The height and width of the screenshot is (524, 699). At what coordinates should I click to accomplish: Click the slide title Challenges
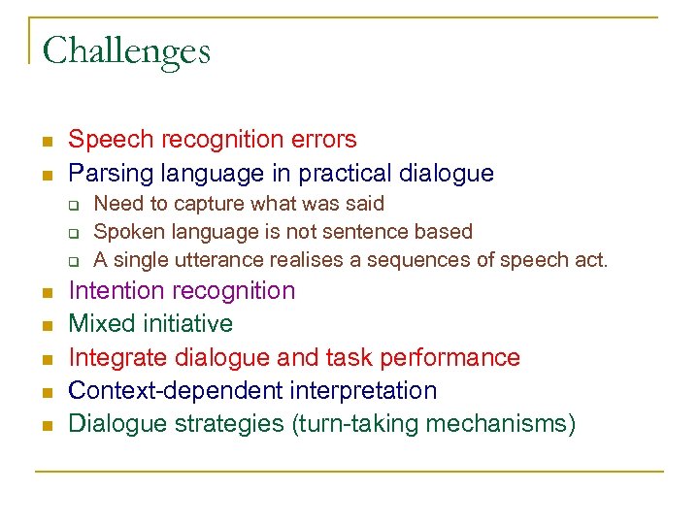(x=126, y=50)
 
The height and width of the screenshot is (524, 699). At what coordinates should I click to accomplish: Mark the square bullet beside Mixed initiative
(x=45, y=324)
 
